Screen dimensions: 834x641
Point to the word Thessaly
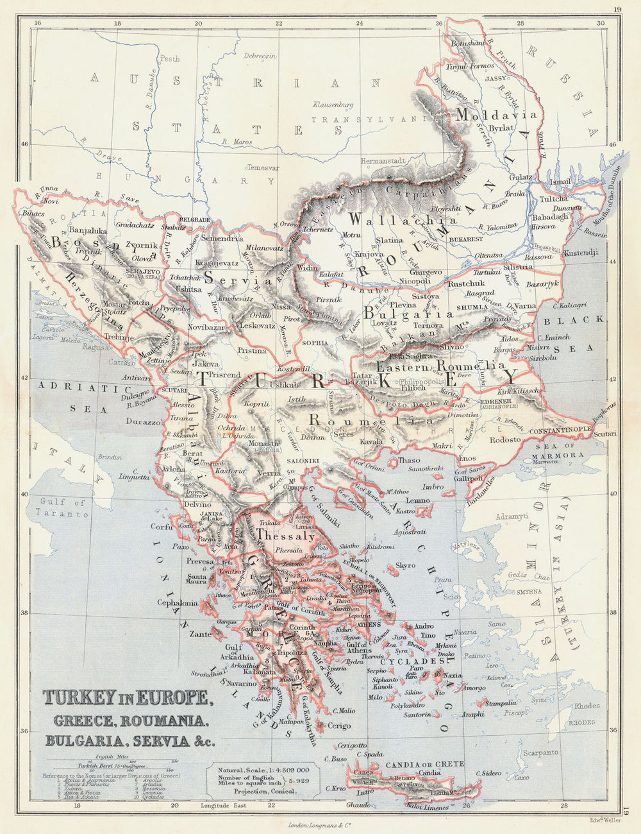285,534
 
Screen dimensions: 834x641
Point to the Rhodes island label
587,706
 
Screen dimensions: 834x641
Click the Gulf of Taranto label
62,508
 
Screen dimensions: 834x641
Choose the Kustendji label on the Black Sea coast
581,253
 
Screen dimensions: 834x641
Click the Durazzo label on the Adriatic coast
143,422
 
